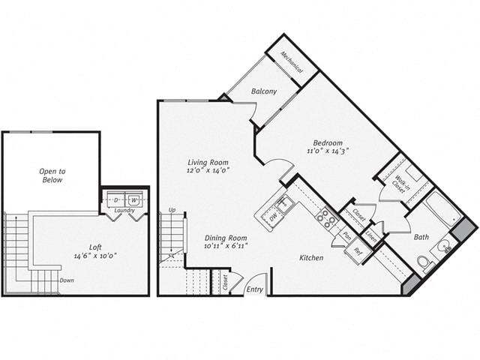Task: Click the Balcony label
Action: (264, 91)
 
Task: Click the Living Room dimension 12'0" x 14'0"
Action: (208, 170)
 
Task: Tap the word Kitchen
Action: (311, 258)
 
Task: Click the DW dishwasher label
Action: (274, 215)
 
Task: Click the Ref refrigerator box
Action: (358, 251)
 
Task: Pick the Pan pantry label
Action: (347, 235)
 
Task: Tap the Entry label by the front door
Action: (256, 289)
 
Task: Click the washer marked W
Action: (133, 200)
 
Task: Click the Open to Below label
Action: (52, 175)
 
